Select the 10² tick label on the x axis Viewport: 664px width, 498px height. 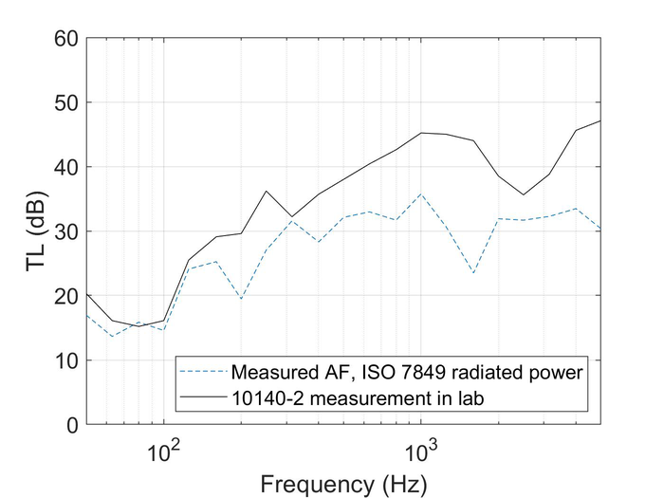coord(163,447)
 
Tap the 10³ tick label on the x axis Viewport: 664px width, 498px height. coord(420,447)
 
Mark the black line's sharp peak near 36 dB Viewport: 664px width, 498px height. coord(267,191)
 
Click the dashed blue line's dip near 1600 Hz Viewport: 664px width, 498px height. coord(473,273)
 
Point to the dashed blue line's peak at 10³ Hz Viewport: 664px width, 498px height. coord(421,194)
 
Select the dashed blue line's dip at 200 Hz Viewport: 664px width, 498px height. coord(241,299)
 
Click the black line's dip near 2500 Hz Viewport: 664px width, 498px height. coord(523,195)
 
